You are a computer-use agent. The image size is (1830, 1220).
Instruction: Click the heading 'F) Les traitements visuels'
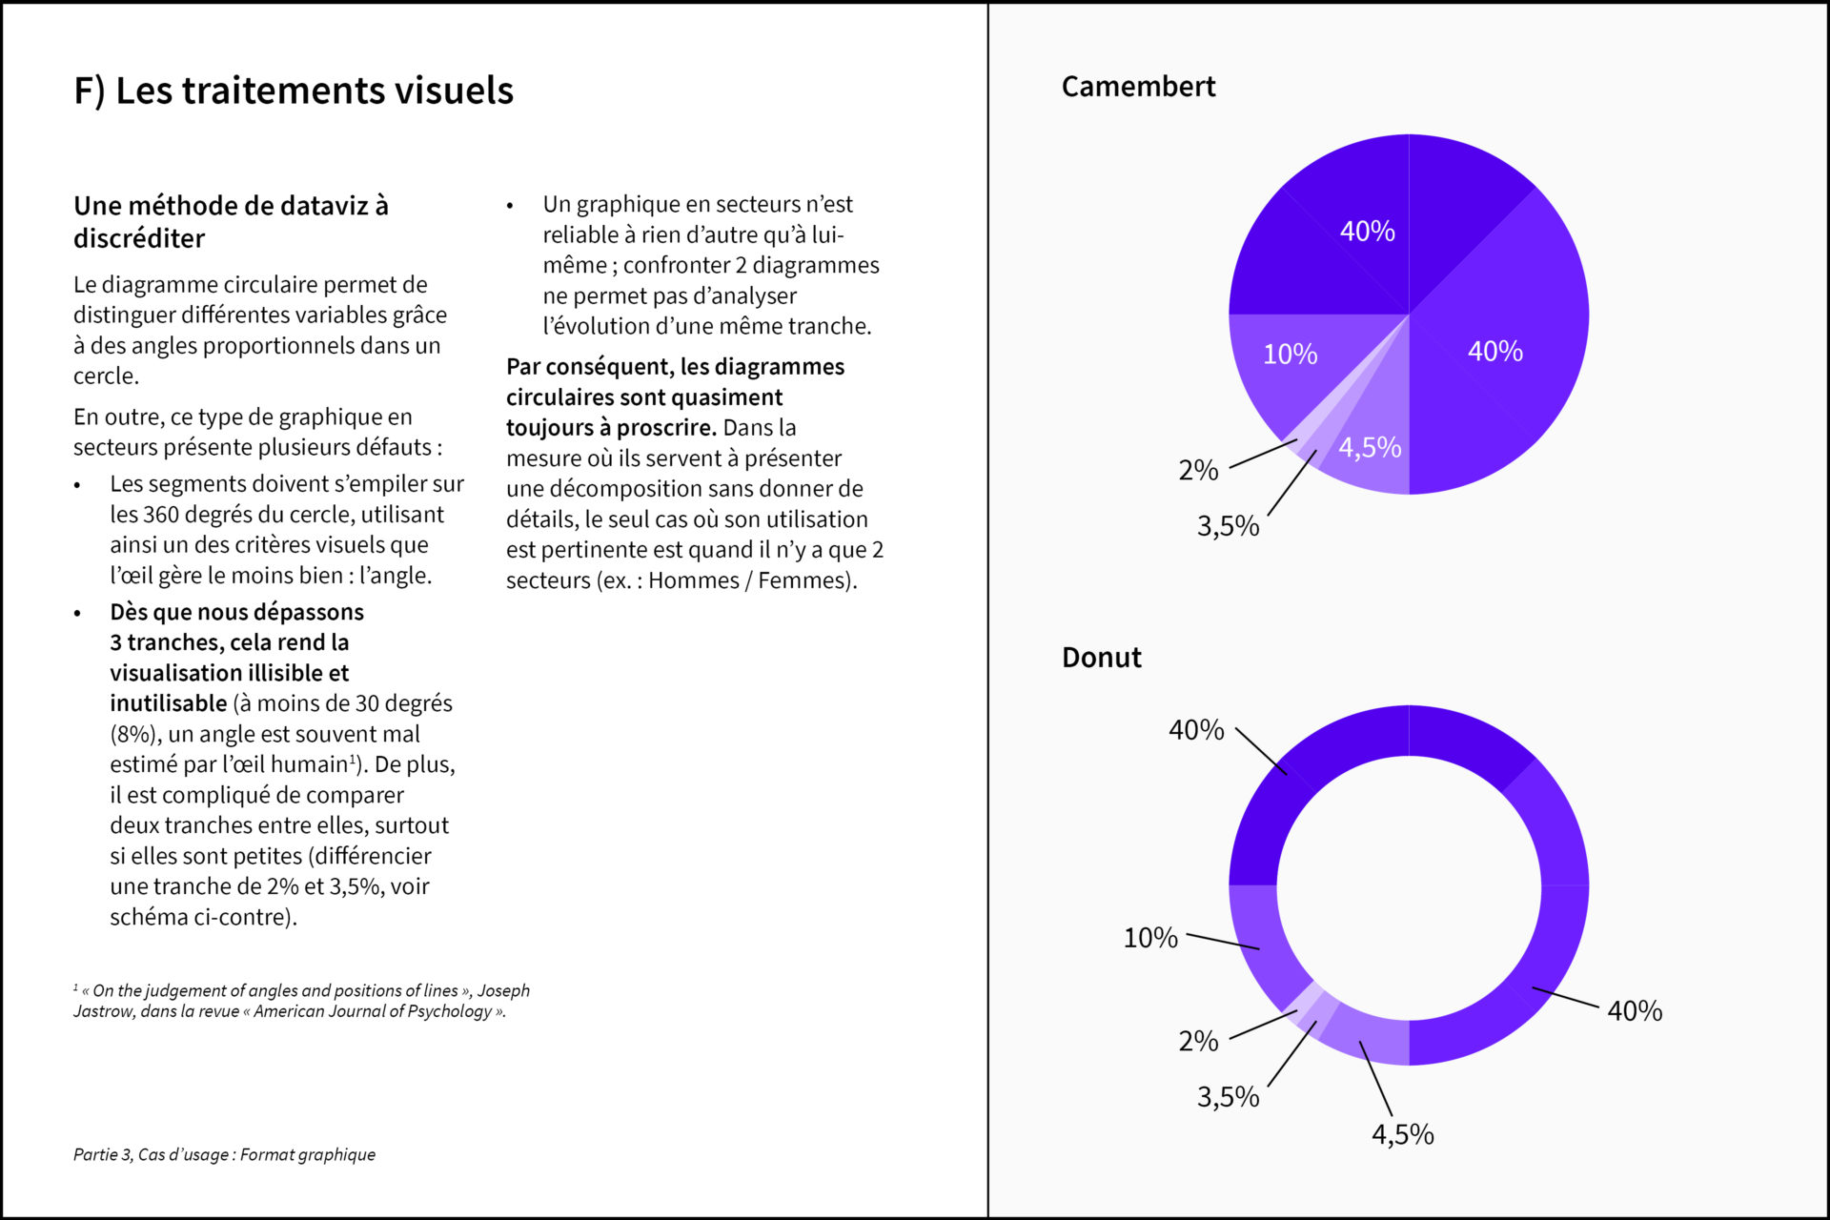(x=294, y=91)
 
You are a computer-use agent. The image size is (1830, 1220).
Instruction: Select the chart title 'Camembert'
(x=1138, y=87)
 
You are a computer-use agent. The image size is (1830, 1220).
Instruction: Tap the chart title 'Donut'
(x=1101, y=658)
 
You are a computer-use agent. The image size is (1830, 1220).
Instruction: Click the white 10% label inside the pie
(x=1291, y=355)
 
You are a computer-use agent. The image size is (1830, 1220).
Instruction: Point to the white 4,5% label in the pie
(x=1370, y=447)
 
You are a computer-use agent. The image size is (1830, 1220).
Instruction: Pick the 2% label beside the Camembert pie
(x=1198, y=470)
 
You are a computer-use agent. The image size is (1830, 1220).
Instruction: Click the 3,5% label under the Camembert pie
(x=1228, y=526)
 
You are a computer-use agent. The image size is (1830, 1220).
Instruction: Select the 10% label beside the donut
(x=1150, y=938)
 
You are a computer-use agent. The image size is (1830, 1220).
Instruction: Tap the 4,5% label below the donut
(x=1402, y=1134)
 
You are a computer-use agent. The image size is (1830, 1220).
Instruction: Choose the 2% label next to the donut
(x=1198, y=1041)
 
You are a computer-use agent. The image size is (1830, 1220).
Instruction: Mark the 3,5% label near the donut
(x=1228, y=1097)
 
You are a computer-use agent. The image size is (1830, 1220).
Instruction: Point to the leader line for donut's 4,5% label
(x=1375, y=1078)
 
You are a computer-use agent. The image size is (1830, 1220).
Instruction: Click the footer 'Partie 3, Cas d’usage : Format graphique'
(x=224, y=1155)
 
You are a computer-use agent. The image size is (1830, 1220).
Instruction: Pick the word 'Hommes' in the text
(x=693, y=580)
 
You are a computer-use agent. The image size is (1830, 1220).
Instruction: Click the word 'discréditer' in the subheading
(x=139, y=238)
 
